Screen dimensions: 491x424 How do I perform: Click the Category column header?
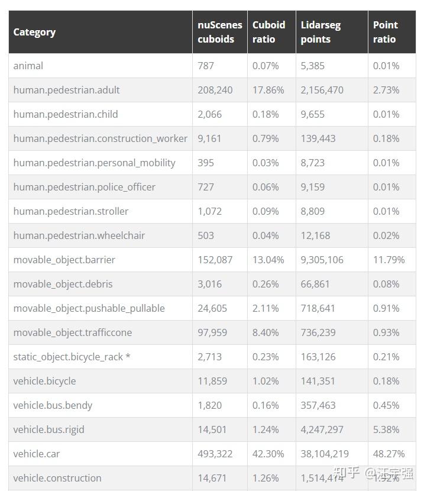click(x=34, y=32)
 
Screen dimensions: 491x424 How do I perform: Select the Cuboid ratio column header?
click(x=268, y=32)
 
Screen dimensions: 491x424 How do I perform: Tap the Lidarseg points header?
click(x=321, y=32)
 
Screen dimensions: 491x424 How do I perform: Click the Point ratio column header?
click(x=385, y=32)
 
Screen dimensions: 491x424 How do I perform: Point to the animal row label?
click(x=28, y=66)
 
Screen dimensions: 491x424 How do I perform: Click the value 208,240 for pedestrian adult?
click(x=215, y=90)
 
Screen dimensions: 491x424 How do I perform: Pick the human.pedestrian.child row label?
click(x=66, y=114)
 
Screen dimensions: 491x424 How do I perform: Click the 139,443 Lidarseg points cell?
click(x=318, y=138)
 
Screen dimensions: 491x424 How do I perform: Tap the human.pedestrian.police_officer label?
click(x=85, y=187)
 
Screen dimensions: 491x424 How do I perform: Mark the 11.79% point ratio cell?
click(x=389, y=260)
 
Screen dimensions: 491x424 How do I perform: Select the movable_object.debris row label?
click(x=63, y=284)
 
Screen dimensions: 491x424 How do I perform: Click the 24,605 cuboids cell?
click(x=212, y=308)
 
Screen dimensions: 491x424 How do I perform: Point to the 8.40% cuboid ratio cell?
click(x=266, y=332)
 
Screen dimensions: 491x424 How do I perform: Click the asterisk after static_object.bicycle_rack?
click(x=128, y=357)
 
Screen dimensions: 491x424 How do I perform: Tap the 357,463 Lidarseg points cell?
click(x=318, y=405)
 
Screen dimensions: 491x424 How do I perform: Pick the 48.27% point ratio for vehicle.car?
click(x=389, y=454)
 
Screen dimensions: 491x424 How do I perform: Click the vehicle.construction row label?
click(x=57, y=478)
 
